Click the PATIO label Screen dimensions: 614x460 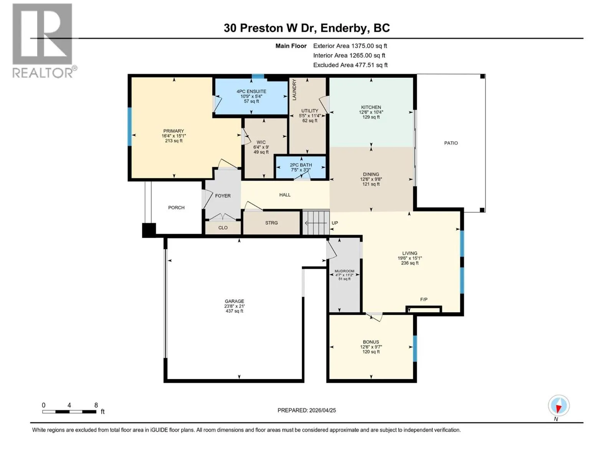[451, 143]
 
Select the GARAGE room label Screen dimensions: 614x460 [234, 301]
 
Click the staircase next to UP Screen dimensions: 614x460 [316, 223]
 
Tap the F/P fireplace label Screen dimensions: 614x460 [424, 299]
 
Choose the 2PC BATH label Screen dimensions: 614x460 [301, 165]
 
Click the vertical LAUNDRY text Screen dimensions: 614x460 [294, 89]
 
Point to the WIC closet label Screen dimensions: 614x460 [261, 142]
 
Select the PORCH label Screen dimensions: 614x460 [176, 207]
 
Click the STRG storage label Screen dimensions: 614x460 [271, 223]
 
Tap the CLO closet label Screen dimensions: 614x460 [223, 228]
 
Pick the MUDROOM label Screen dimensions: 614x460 [344, 271]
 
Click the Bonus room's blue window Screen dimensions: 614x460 [415, 348]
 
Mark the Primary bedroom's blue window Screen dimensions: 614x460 [129, 127]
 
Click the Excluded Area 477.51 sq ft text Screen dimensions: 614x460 [350, 65]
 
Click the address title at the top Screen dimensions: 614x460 [307, 28]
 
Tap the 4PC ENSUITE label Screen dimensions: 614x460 [251, 91]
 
